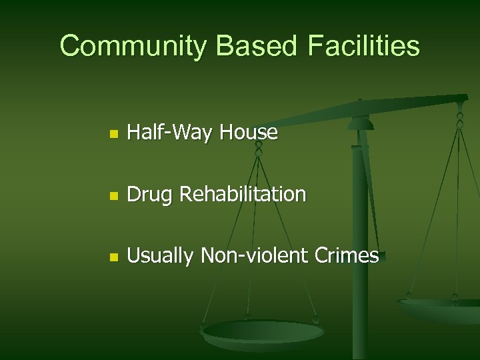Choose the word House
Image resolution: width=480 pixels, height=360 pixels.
(x=250, y=133)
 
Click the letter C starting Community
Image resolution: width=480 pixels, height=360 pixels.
(x=69, y=46)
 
